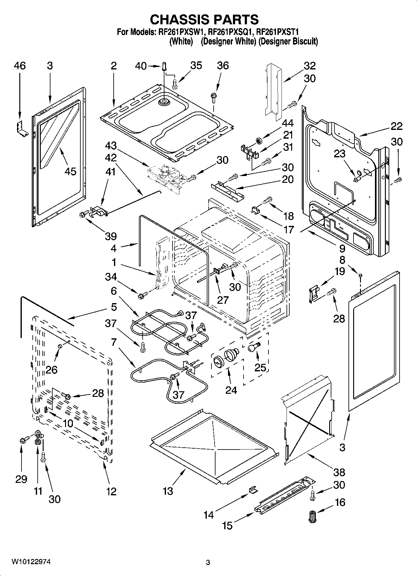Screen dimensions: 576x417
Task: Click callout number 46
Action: coord(20,66)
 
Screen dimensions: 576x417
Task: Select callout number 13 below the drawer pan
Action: coord(168,491)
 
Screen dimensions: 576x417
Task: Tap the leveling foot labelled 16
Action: coord(311,516)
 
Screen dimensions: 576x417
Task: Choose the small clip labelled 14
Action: coord(254,490)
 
